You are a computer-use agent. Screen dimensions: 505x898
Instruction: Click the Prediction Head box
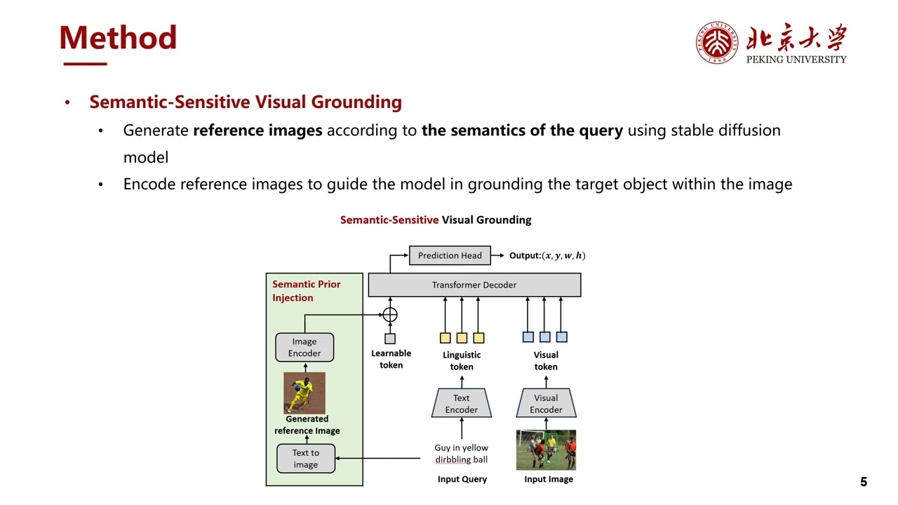pos(450,255)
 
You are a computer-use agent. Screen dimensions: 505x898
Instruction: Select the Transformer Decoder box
pos(474,285)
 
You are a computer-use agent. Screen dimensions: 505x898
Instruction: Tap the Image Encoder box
pos(304,347)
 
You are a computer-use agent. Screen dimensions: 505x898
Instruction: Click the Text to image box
pos(305,459)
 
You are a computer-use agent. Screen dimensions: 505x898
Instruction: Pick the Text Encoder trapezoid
pos(461,403)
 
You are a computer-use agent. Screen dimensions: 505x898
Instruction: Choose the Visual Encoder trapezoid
pos(546,403)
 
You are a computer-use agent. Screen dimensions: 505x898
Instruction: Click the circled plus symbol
pos(390,315)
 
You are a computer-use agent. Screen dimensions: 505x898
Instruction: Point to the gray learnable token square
pos(390,338)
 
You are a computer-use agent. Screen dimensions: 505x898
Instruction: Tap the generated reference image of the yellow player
pos(304,393)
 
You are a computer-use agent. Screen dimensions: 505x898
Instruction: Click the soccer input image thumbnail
pos(546,450)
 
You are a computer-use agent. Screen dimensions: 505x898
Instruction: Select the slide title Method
pos(118,38)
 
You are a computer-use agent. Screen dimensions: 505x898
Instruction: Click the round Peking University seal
pos(716,42)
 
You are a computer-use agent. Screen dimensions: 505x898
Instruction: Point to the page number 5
pos(864,482)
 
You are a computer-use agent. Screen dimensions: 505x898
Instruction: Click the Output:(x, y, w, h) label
pos(547,255)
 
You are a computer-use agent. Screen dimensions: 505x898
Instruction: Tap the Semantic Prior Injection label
pos(306,290)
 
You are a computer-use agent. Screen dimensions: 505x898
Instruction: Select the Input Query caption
pos(462,479)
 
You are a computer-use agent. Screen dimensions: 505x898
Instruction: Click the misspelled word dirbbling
pos(453,459)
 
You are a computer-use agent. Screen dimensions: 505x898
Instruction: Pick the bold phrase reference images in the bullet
pos(257,130)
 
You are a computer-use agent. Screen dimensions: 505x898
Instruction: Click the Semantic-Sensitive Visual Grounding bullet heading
pos(246,102)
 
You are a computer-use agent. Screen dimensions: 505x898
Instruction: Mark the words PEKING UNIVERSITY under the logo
pos(796,60)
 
